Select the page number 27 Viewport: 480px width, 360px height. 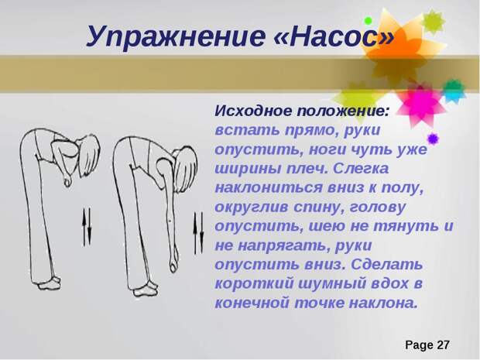443,345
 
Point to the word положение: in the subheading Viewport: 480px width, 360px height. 343,111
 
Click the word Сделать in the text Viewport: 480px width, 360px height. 387,265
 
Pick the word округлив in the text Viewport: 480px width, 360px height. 252,207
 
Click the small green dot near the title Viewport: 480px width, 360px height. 368,21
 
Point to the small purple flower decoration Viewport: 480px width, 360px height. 433,139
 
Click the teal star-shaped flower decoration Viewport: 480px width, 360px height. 454,90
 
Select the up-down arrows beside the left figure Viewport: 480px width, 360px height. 87,227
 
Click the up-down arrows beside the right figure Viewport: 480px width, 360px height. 198,233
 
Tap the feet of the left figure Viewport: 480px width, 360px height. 48,283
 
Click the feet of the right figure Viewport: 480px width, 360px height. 145,290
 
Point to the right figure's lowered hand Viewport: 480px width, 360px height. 174,262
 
